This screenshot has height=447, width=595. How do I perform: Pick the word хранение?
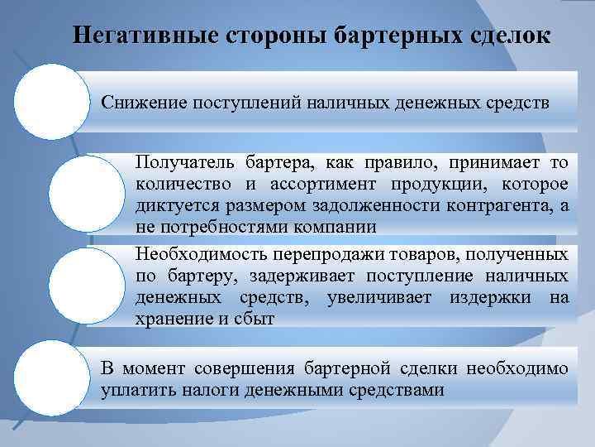click(172, 319)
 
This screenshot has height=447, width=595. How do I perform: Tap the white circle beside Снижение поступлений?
click(51, 101)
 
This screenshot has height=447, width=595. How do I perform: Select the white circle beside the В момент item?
click(51, 377)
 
